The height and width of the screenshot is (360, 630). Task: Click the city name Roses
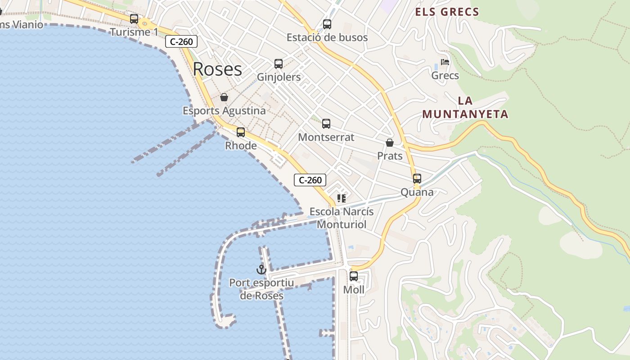coord(217,69)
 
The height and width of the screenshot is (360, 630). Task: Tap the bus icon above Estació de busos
coord(327,24)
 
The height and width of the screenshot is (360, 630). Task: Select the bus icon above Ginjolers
coord(279,64)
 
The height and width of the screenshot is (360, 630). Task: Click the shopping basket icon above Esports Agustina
coord(224,97)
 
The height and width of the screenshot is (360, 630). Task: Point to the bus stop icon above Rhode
coord(241,132)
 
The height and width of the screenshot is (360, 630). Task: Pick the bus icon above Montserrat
coord(326,123)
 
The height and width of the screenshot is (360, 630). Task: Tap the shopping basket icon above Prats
coord(390,143)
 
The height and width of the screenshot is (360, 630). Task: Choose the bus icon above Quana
coord(417,179)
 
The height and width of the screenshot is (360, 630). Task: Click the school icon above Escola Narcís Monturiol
coord(342,198)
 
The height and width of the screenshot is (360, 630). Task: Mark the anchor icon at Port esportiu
coord(261,270)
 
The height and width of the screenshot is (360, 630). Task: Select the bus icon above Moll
coord(354,276)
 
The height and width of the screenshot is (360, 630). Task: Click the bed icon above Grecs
coord(445,62)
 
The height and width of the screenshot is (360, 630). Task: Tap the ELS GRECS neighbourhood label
coord(447,12)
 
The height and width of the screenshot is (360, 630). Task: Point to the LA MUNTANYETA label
coord(465,108)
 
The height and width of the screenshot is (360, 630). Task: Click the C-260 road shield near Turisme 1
coord(181,42)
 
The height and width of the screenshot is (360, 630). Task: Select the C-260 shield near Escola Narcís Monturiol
coord(310,180)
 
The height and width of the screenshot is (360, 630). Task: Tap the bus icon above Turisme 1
coord(134,19)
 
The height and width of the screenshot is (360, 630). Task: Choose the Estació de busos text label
coord(327,37)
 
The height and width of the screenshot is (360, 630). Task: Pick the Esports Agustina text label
coord(224,110)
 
